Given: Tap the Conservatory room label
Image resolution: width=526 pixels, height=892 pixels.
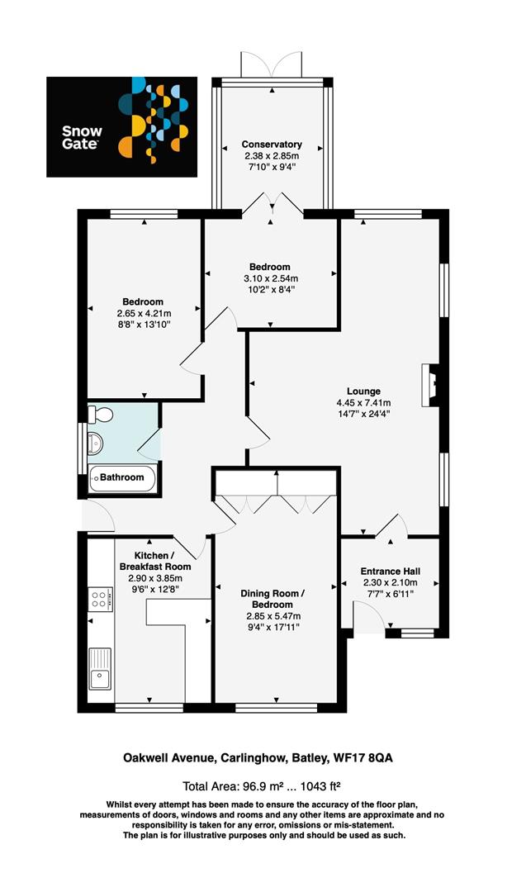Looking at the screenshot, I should pyautogui.click(x=271, y=144).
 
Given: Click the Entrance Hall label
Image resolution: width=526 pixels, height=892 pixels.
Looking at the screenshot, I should pyautogui.click(x=391, y=572).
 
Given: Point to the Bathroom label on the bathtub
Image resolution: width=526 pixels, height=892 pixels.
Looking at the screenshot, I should pyautogui.click(x=122, y=477).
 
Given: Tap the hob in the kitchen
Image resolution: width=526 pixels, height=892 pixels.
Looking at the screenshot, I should pyautogui.click(x=101, y=597).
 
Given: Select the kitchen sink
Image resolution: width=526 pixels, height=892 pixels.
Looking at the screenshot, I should pyautogui.click(x=101, y=669).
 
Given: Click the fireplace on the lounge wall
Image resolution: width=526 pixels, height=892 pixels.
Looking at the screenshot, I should pyautogui.click(x=429, y=386).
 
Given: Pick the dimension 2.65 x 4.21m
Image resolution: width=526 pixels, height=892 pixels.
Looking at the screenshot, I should pyautogui.click(x=145, y=313).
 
